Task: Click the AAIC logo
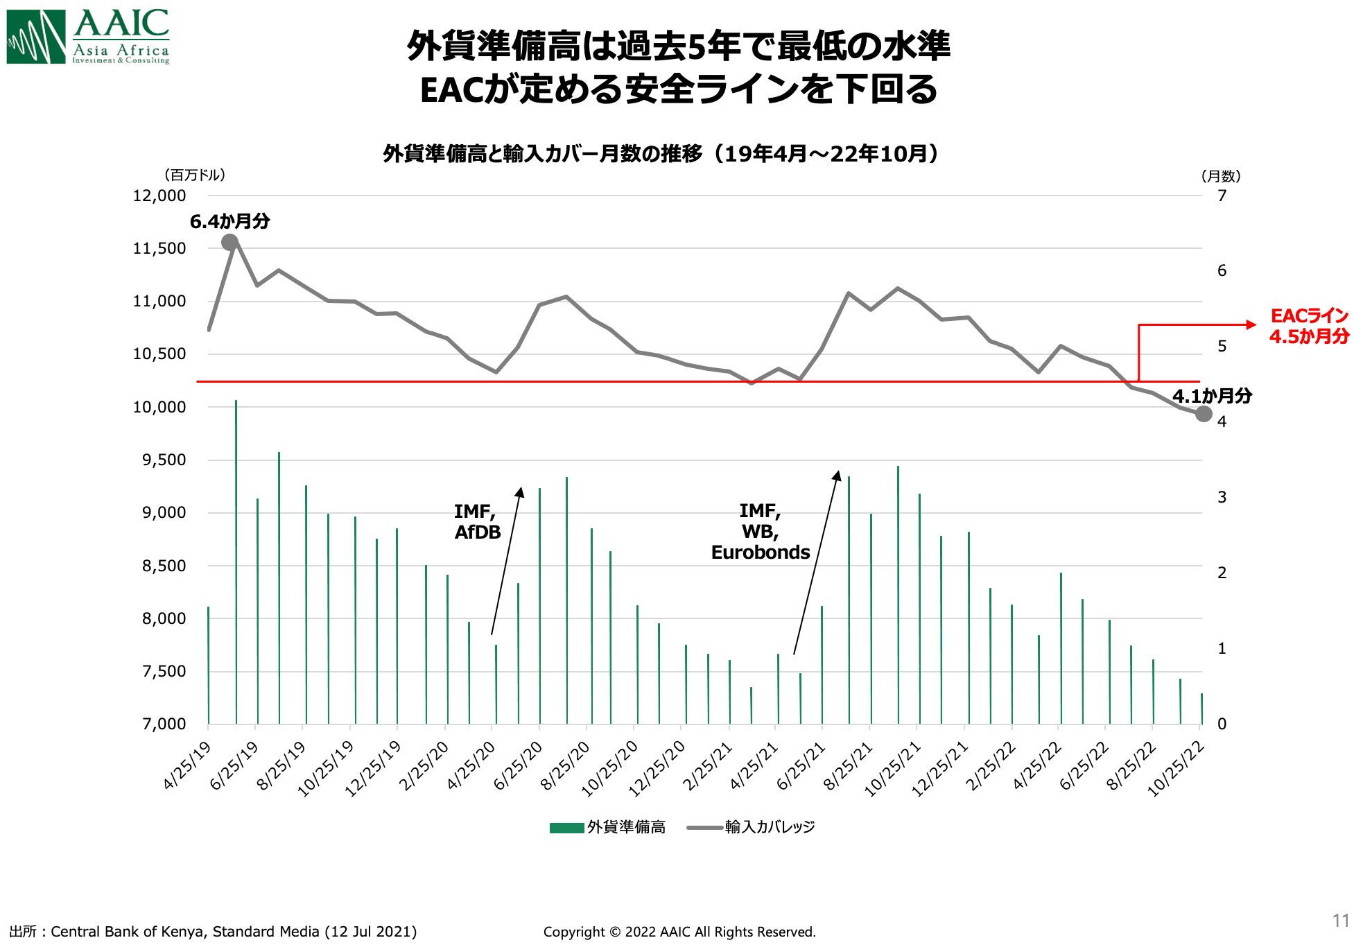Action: [x=88, y=37]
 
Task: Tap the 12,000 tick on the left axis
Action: [x=159, y=196]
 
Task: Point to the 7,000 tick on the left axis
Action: [x=164, y=724]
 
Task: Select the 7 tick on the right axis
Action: [x=1222, y=196]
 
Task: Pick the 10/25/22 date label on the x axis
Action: [x=1177, y=769]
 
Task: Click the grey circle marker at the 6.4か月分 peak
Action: [x=230, y=242]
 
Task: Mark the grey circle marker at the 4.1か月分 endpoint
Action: [x=1204, y=414]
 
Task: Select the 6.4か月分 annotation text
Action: [x=229, y=221]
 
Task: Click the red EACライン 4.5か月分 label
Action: [x=1309, y=326]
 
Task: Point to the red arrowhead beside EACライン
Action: [x=1251, y=324]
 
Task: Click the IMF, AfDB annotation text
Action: [x=477, y=521]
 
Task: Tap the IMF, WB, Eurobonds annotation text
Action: [x=760, y=532]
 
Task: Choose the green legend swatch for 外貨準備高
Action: [x=566, y=827]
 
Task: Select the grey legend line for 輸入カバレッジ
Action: [x=704, y=827]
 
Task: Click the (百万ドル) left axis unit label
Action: [x=195, y=175]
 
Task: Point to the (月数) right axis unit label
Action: [x=1220, y=176]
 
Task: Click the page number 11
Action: [x=1340, y=921]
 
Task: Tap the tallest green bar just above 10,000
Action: [x=236, y=562]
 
